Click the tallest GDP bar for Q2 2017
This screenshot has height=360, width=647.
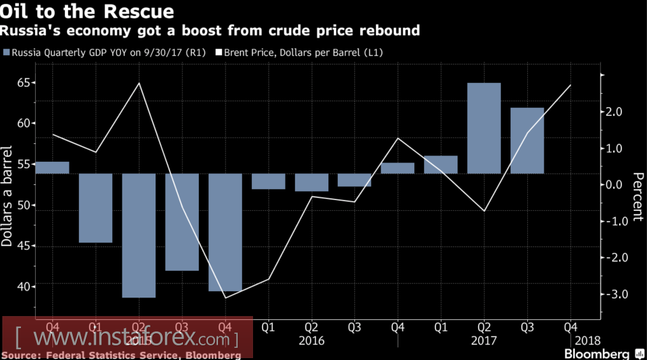484,128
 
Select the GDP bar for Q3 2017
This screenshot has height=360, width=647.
527,140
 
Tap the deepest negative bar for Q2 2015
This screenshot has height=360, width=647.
139,235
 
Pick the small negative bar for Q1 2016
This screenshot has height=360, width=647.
268,182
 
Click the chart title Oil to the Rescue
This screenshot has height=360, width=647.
89,12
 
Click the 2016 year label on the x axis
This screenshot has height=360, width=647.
311,340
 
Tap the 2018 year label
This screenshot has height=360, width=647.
586,340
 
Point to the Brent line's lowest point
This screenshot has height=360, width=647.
225,298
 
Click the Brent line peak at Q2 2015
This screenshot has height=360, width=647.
139,83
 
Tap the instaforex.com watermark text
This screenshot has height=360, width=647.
127,336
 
